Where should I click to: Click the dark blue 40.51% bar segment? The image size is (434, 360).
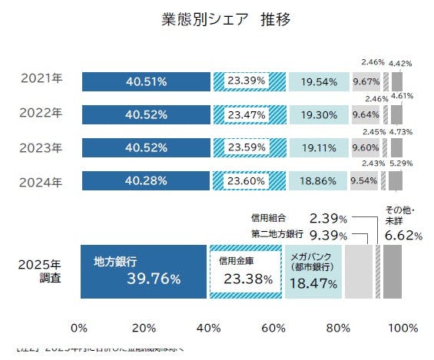[x=145, y=81]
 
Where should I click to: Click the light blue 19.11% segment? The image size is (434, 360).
[x=316, y=147]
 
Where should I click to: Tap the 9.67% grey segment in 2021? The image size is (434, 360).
[x=367, y=81]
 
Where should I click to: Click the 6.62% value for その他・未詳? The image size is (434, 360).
[x=402, y=236]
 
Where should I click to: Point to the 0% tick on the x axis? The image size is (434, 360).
[x=78, y=328]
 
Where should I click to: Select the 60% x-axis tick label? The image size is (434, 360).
[x=272, y=328]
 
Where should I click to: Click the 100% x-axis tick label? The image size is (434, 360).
[x=402, y=328]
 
